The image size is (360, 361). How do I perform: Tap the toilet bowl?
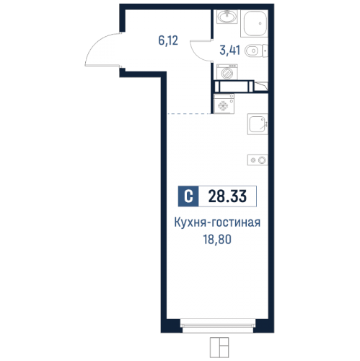click(x=252, y=51)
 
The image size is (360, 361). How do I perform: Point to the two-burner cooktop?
click(x=258, y=159)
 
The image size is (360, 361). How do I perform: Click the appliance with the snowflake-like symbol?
click(x=223, y=105)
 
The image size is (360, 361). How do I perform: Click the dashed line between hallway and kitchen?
click(x=190, y=114)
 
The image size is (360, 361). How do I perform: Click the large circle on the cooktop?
click(x=262, y=159)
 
